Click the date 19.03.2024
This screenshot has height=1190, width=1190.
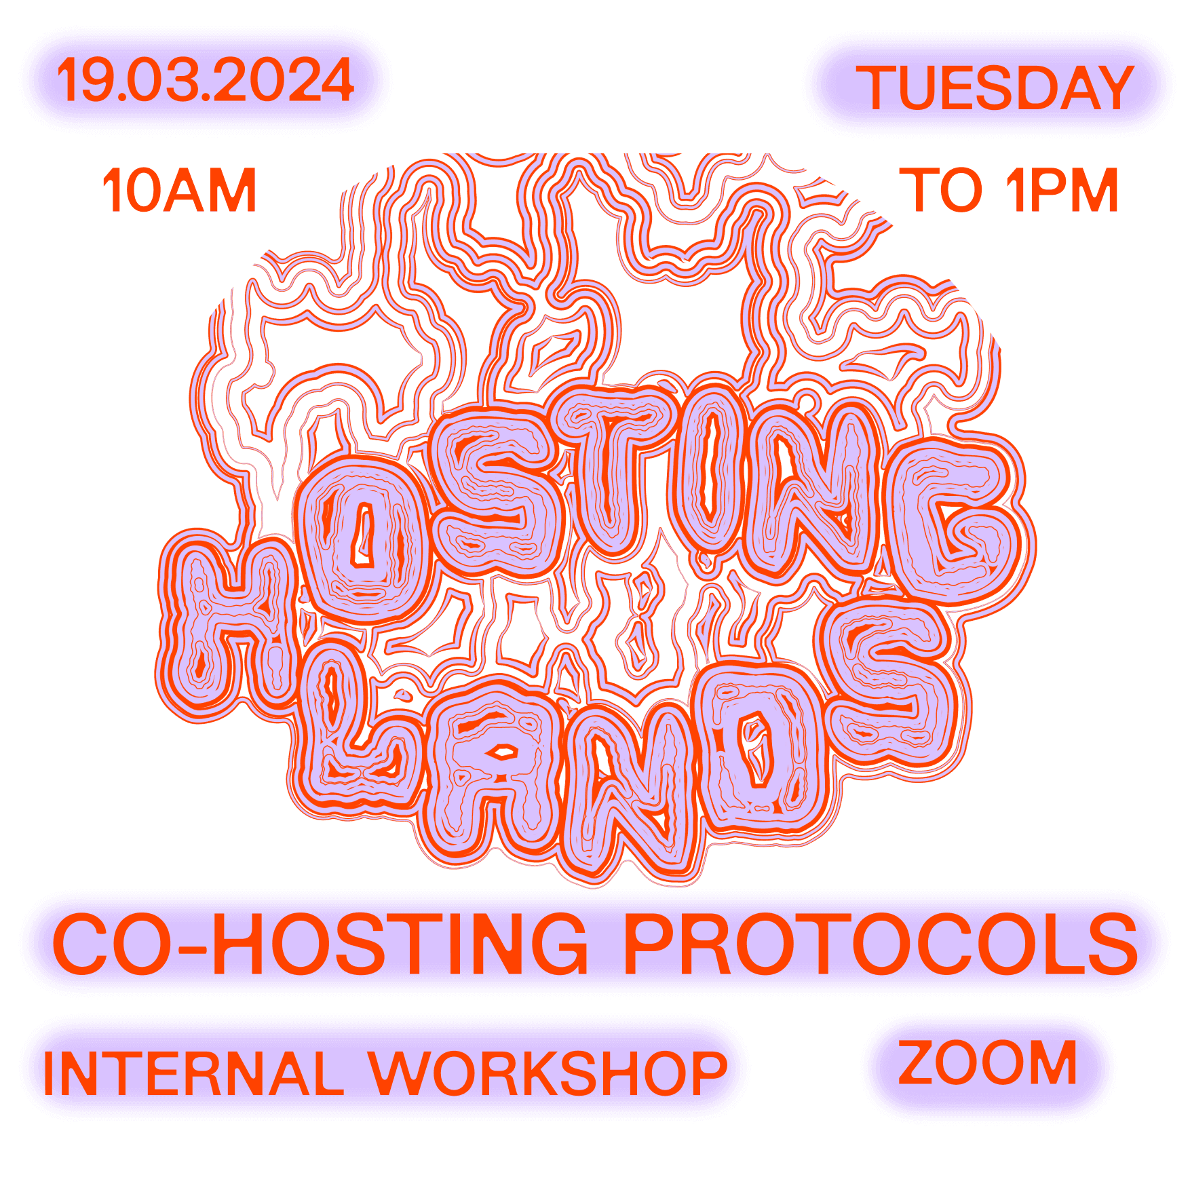[x=205, y=80]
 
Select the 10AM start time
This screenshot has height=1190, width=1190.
[x=180, y=191]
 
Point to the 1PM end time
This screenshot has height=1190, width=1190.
[x=1062, y=191]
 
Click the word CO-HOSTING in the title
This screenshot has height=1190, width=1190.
[x=320, y=944]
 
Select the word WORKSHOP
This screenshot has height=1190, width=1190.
[x=548, y=1074]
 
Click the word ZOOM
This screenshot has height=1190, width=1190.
[x=988, y=1063]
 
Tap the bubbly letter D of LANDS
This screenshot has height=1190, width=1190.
[x=760, y=746]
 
